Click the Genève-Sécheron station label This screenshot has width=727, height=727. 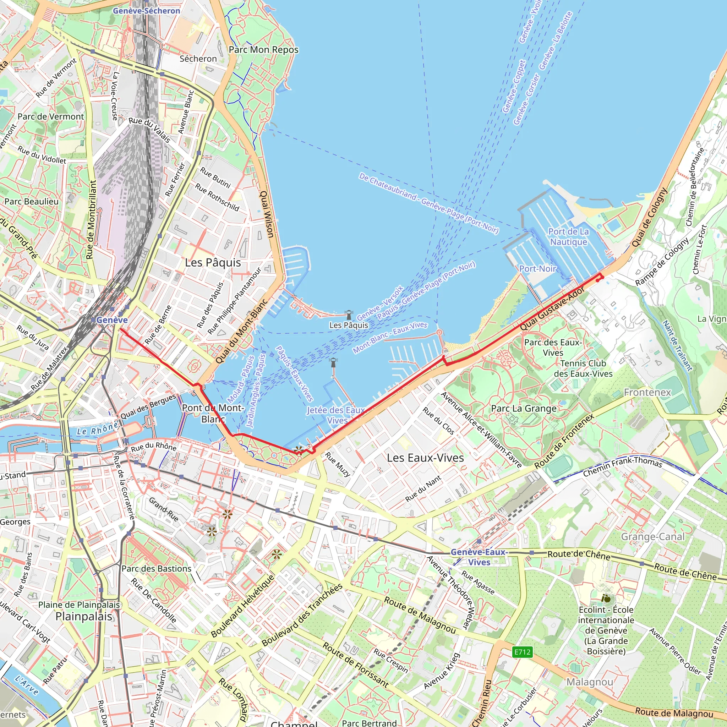146,11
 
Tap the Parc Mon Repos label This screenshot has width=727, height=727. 263,50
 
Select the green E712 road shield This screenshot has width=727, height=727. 522,652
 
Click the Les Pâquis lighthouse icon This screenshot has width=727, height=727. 349,314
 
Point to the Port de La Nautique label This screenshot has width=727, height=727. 568,237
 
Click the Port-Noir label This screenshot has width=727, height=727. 537,269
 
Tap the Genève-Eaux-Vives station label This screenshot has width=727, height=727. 479,557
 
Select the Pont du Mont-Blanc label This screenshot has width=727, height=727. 213,413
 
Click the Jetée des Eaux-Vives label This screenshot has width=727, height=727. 336,415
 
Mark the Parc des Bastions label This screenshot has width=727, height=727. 156,569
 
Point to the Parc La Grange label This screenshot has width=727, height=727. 524,408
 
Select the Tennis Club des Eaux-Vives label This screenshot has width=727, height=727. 583,368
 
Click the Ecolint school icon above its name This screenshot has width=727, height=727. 606,598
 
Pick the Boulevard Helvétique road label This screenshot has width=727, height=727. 243,606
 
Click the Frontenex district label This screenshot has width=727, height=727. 647,393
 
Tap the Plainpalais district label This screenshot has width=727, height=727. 83,616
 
